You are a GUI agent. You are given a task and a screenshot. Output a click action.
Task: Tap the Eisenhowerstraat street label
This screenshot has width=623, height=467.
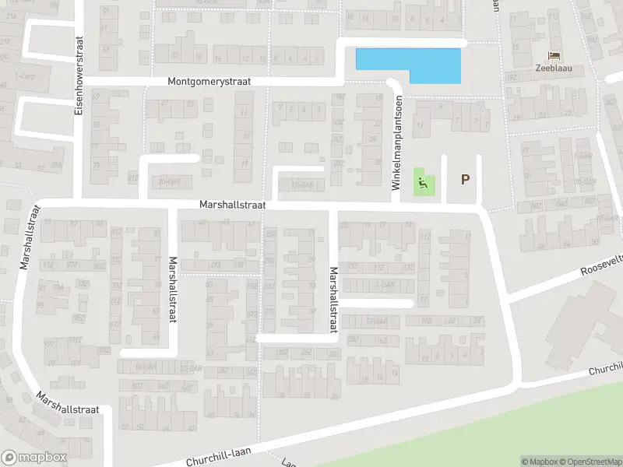[x=78, y=75]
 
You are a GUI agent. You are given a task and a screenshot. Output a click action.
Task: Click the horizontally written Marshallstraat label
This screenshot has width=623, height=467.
[x=232, y=205]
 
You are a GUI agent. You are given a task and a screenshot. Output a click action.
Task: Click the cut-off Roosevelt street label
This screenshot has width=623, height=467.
[x=602, y=266]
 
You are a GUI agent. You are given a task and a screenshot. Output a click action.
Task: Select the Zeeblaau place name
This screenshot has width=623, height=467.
[x=554, y=68]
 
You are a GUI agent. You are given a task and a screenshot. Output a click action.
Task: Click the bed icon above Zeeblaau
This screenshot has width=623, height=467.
[x=554, y=55]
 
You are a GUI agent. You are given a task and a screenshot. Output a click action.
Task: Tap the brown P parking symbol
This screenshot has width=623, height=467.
[x=465, y=179]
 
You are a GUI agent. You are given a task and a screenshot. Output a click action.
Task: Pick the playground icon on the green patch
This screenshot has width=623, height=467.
[x=422, y=184]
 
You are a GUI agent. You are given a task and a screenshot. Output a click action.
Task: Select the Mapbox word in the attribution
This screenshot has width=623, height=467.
[x=544, y=462]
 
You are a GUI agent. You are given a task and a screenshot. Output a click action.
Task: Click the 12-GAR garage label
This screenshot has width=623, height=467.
[x=376, y=321]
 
